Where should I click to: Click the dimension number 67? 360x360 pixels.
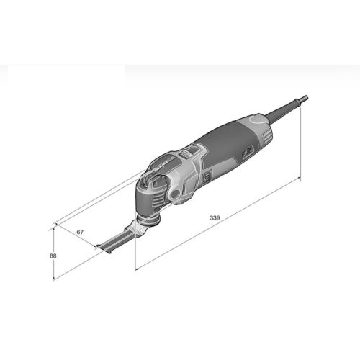(x=81, y=232)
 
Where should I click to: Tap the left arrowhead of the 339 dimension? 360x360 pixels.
(x=138, y=269)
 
